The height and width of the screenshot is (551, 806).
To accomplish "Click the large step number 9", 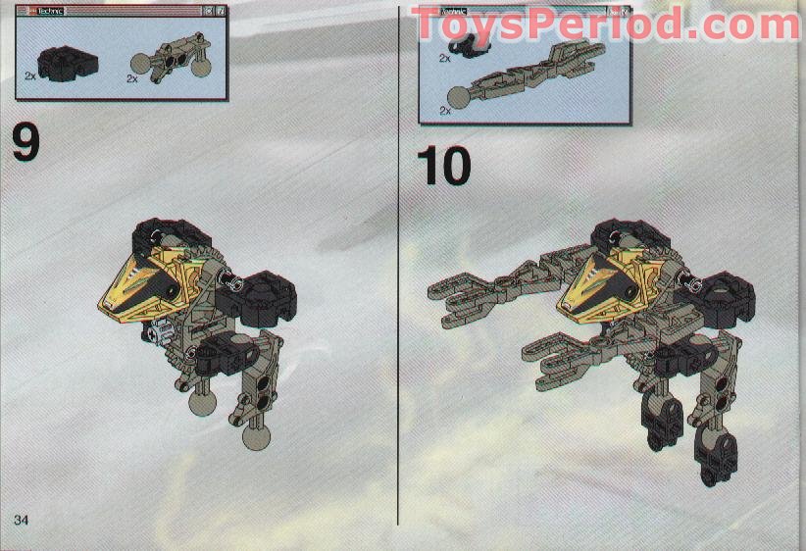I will pyautogui.click(x=26, y=141).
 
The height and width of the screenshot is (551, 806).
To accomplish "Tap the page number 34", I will pyautogui.click(x=22, y=517).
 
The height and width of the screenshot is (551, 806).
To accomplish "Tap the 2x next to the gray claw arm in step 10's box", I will pyautogui.click(x=445, y=110).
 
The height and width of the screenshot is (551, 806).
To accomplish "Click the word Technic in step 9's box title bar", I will pyautogui.click(x=49, y=10).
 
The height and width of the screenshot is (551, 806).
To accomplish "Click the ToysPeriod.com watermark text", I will pyautogui.click(x=604, y=24).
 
